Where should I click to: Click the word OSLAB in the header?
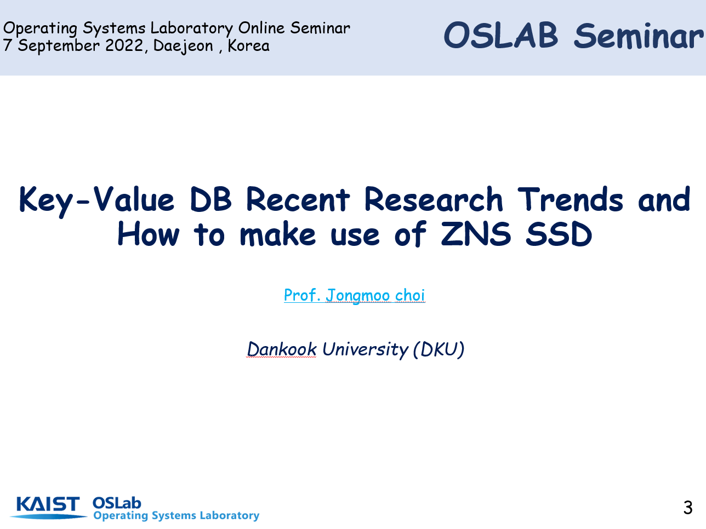coord(500,36)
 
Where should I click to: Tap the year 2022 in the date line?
coord(124,45)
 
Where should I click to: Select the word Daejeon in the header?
coord(183,46)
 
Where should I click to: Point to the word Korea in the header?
coord(249,45)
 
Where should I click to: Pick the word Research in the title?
coord(433,199)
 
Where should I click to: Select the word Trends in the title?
coord(570,199)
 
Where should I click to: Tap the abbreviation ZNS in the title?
coord(476,234)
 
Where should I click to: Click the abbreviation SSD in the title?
coord(559,234)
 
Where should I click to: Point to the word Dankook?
coord(282,349)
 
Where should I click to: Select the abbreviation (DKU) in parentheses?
coord(439,350)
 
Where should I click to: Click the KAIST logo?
coord(48,507)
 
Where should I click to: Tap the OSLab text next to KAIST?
coord(117,503)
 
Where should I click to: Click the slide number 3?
coord(688,508)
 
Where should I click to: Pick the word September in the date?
coord(59,46)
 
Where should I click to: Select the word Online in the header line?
coord(261,28)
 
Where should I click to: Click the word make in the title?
coord(277,234)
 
